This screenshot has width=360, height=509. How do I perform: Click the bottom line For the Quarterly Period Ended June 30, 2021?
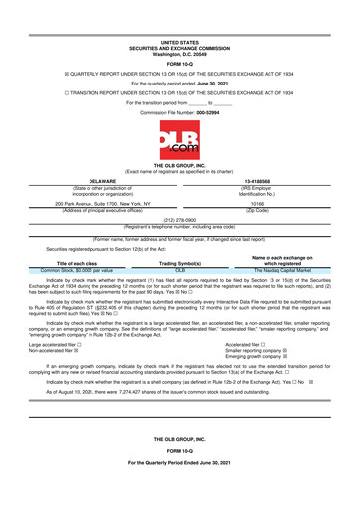point(180,493)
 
